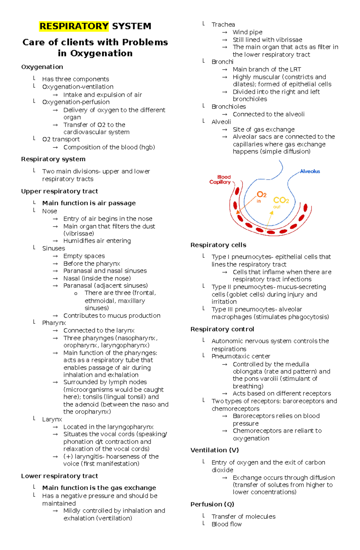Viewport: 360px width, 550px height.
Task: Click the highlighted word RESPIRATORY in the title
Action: pyautogui.click(x=73, y=26)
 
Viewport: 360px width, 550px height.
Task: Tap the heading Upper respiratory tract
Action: pyautogui.click(x=59, y=191)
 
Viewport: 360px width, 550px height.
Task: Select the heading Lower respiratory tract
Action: pyautogui.click(x=59, y=476)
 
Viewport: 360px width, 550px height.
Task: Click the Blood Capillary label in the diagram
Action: pyautogui.click(x=220, y=180)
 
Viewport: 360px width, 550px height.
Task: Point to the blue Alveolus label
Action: pyautogui.click(x=310, y=171)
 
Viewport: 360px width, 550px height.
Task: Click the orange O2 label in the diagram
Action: pyautogui.click(x=261, y=195)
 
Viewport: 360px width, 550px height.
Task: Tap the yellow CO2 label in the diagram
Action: pyautogui.click(x=281, y=200)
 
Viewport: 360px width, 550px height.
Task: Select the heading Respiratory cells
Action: pyautogui.click(x=218, y=245)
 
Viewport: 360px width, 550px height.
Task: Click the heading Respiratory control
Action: pyautogui.click(x=222, y=329)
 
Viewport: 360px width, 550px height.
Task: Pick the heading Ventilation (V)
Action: pyautogui.click(x=214, y=450)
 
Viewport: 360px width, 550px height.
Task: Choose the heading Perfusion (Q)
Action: pyautogui.click(x=212, y=504)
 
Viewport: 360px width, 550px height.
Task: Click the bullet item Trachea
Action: pyautogui.click(x=223, y=25)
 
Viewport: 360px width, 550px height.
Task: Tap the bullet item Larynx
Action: pyautogui.click(x=52, y=419)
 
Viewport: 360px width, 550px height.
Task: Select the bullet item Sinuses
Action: pyautogui.click(x=53, y=248)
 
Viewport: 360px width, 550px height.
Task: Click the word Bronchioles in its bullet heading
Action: pyautogui.click(x=229, y=107)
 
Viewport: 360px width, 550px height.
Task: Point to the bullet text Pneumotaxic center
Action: pyautogui.click(x=241, y=356)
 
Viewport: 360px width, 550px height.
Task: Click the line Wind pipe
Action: pyautogui.click(x=247, y=32)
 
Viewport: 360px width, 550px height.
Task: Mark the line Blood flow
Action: pyautogui.click(x=226, y=524)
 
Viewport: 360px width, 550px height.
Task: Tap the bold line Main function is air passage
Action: pyautogui.click(x=89, y=203)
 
